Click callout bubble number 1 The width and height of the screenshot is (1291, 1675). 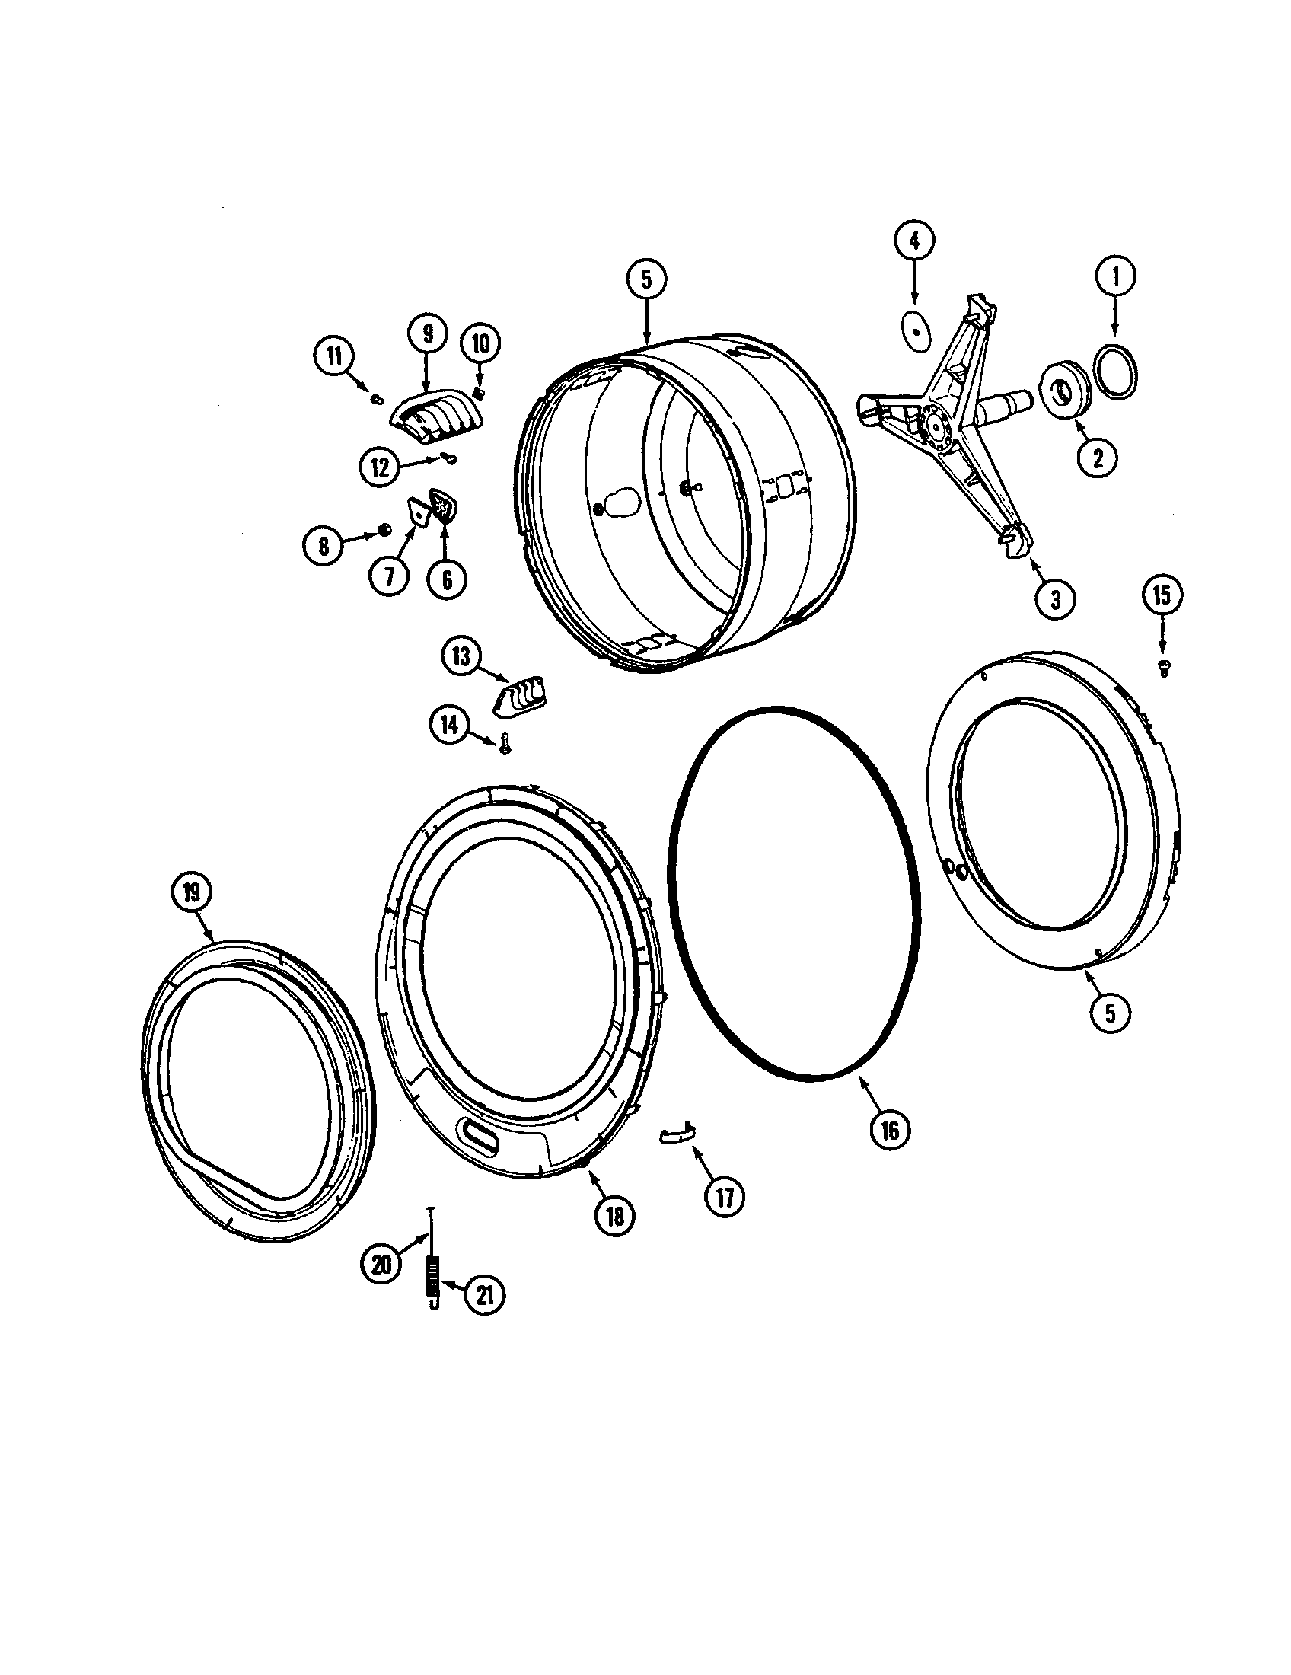(x=1115, y=276)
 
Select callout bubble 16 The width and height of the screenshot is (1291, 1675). (x=889, y=1130)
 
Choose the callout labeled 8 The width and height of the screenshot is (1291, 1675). (x=323, y=546)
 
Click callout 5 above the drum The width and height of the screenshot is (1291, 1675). (x=646, y=280)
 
